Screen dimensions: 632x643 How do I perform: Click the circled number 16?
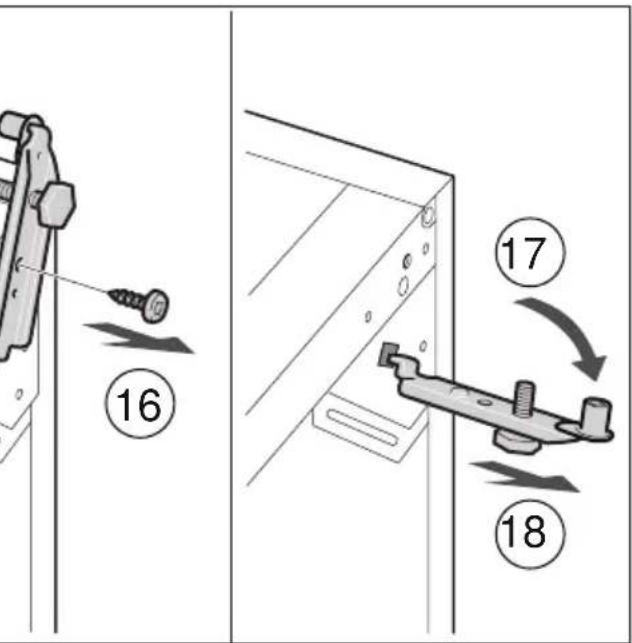140,404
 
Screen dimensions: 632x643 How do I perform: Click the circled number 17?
530,252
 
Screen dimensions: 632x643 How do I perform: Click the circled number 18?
530,534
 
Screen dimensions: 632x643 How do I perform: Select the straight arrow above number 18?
525,477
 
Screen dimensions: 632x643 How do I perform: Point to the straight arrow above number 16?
139,338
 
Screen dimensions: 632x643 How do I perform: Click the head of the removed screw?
157,306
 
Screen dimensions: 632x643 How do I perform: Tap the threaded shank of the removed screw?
126,298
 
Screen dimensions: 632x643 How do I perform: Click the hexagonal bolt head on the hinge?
57,204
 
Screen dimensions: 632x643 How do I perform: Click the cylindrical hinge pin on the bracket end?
596,415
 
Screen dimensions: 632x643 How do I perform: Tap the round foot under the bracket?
516,441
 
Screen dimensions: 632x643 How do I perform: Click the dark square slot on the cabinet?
388,354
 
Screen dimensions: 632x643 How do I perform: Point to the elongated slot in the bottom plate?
362,427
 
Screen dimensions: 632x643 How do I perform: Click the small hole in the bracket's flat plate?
485,402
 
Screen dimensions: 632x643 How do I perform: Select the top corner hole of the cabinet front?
429,215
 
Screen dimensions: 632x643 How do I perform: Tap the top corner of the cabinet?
453,177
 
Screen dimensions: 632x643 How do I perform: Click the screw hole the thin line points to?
17,266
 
